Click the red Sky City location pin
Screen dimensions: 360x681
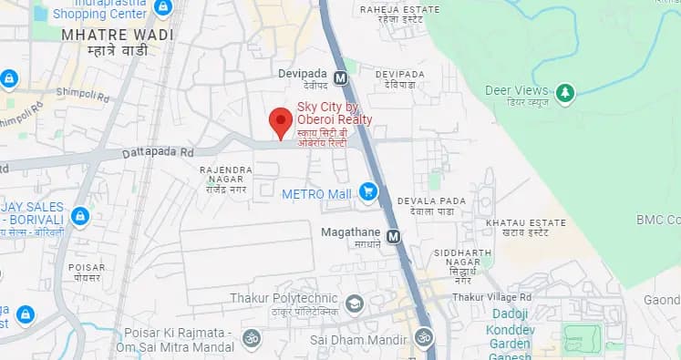280,121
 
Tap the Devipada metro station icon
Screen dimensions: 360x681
341,78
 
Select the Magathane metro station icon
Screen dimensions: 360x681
393,236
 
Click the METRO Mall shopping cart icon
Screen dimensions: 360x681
368,191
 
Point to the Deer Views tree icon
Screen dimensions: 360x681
565,92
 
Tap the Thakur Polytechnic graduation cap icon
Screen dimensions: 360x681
354,303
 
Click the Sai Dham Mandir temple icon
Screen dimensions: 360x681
423,337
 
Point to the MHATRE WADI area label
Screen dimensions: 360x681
104,35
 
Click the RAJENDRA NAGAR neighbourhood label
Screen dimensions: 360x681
227,175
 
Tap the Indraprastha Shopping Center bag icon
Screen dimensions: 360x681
162,7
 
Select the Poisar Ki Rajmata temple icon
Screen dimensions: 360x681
251,338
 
